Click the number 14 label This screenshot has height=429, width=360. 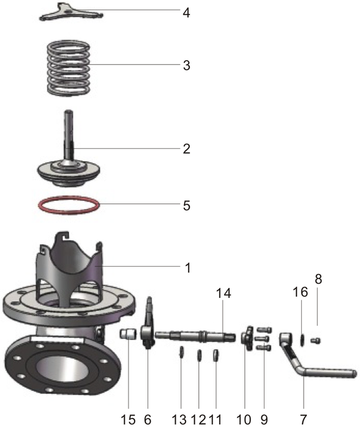[223, 294]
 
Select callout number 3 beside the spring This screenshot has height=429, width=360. [186, 66]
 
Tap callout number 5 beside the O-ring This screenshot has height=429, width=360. [186, 205]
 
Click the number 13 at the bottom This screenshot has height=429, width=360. [178, 420]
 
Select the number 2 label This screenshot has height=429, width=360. [186, 148]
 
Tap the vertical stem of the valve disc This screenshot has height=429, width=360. [68, 135]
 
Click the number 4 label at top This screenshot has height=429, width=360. [186, 12]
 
